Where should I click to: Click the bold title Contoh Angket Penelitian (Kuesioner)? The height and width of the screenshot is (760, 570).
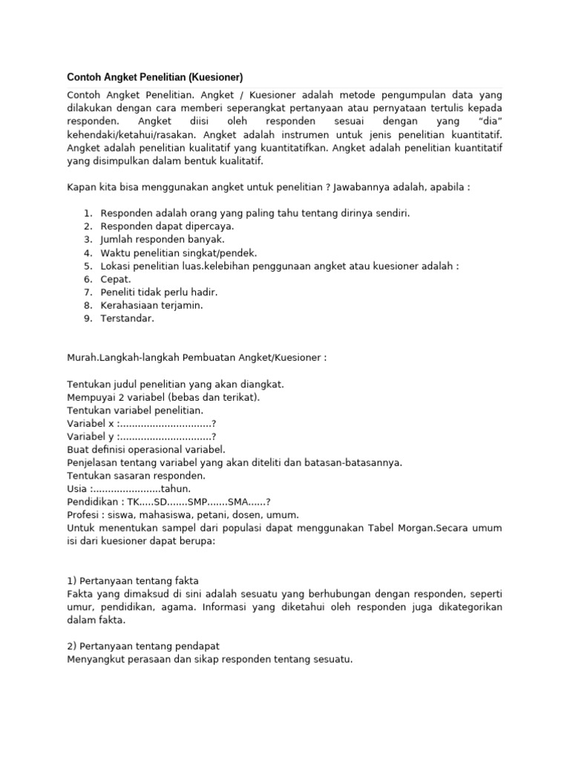click(155, 77)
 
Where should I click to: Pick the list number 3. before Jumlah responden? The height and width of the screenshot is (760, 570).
click(88, 240)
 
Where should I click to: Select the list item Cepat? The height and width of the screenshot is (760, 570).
click(116, 279)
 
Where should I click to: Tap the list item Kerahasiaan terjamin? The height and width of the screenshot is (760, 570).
click(151, 305)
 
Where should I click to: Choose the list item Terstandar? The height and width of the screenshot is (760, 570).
click(128, 318)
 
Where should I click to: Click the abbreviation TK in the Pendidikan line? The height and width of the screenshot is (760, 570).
click(136, 502)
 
